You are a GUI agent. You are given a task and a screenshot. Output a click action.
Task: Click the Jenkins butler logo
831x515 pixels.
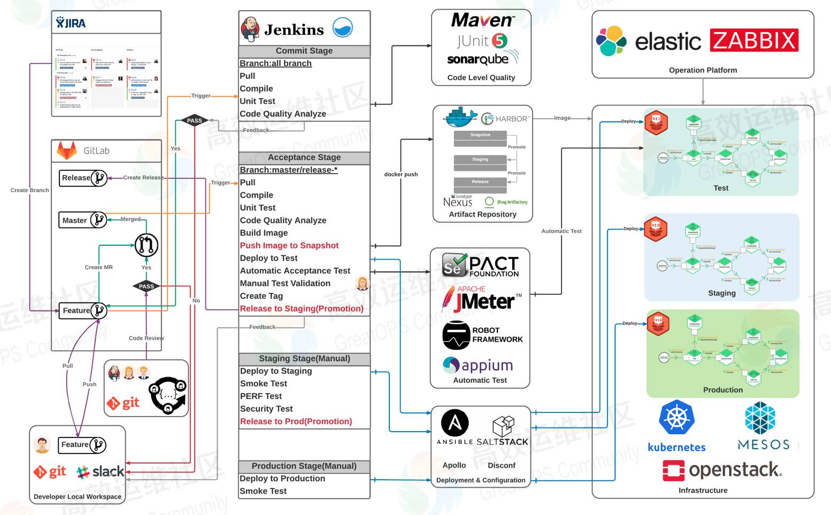tap(250, 28)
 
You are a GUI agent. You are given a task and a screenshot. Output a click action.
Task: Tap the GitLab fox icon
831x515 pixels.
tap(67, 151)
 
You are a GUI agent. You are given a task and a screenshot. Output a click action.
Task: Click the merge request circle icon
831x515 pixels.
tap(146, 245)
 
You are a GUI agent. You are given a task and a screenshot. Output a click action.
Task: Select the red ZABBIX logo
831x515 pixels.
tap(754, 41)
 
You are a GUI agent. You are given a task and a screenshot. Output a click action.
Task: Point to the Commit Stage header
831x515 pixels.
tap(304, 51)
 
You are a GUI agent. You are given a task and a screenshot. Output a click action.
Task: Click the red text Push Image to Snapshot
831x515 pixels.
tap(289, 245)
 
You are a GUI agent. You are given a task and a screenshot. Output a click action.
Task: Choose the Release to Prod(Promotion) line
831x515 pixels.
tap(296, 422)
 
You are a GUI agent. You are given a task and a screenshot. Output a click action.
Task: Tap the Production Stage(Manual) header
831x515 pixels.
tap(304, 466)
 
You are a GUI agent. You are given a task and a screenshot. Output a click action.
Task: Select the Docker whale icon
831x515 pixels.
tap(459, 117)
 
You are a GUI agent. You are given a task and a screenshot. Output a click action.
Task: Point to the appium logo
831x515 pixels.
tap(478, 365)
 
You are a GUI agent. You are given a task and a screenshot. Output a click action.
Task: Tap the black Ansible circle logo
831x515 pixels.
tap(455, 423)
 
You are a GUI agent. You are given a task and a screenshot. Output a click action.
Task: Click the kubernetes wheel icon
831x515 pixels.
tap(676, 418)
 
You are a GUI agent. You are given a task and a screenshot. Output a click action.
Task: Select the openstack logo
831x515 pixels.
tap(722, 470)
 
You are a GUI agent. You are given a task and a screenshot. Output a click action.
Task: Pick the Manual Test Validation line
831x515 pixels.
tap(285, 283)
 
